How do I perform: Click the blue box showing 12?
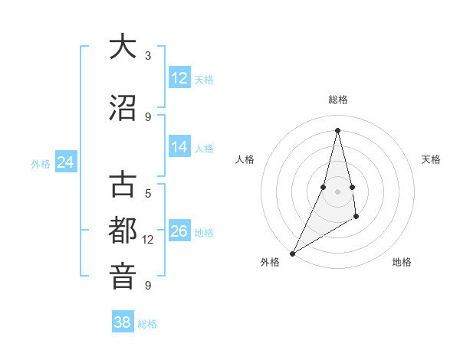point(179,78)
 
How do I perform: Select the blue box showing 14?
point(179,147)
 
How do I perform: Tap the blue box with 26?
point(179,231)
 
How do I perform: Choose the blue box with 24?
point(65,162)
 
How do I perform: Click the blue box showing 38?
point(123,322)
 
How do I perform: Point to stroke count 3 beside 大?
point(148,56)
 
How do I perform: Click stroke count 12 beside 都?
point(148,240)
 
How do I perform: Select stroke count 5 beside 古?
point(148,194)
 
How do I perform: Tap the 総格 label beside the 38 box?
point(147,324)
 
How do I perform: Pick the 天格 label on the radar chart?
point(432,159)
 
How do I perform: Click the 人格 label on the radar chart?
point(245,159)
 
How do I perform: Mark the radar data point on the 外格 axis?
point(292,253)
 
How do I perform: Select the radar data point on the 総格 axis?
point(337,130)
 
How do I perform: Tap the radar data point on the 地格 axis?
point(356,218)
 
